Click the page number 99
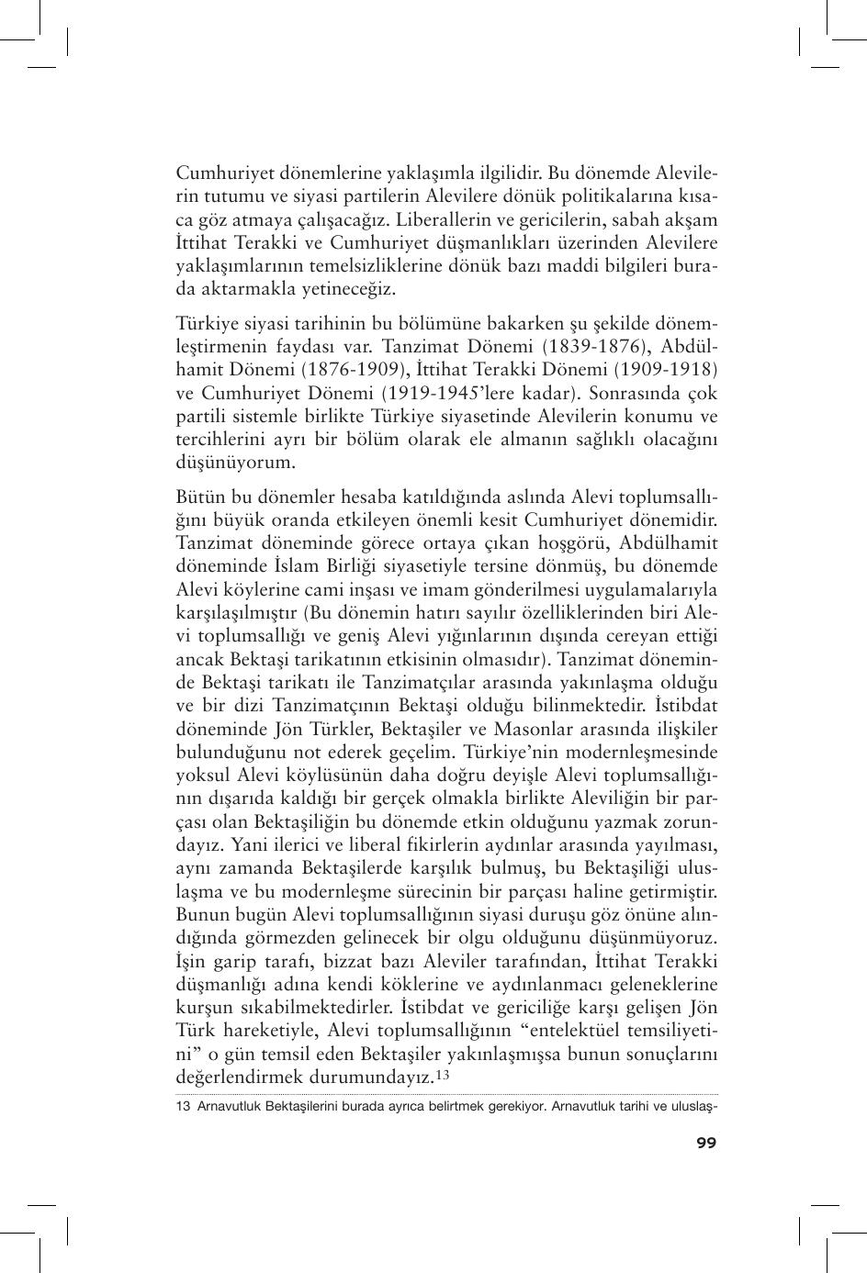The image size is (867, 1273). [705, 1142]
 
